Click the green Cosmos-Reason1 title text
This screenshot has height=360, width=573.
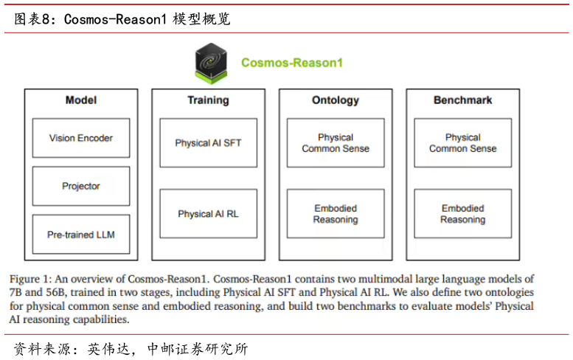pos(292,63)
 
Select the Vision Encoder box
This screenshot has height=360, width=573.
pos(81,138)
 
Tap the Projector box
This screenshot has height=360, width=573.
pos(81,186)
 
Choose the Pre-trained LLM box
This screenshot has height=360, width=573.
pos(81,235)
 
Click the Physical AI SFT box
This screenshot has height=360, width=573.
pos(208,142)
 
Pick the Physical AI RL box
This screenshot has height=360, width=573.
pos(208,214)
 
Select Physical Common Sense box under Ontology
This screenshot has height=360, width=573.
pos(336,142)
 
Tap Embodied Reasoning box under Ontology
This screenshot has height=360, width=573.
pos(336,214)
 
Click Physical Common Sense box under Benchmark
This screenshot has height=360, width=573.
pos(462,142)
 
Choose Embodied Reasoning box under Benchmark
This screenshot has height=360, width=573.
pos(462,214)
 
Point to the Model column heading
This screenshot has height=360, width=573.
pos(81,100)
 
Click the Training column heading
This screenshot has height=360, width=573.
pos(208,100)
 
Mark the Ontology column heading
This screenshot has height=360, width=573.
pos(336,100)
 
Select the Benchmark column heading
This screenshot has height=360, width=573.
pos(462,100)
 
